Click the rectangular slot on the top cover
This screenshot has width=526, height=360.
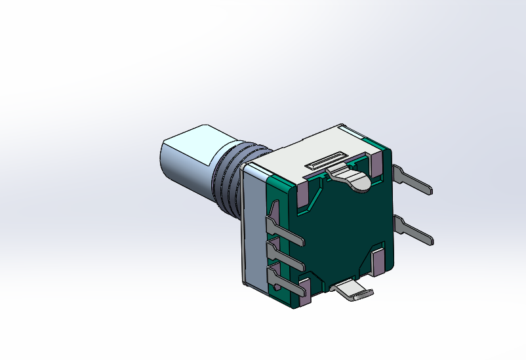[326, 161]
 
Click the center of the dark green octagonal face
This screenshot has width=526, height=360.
[341, 230]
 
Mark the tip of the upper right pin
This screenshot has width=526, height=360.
[430, 191]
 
